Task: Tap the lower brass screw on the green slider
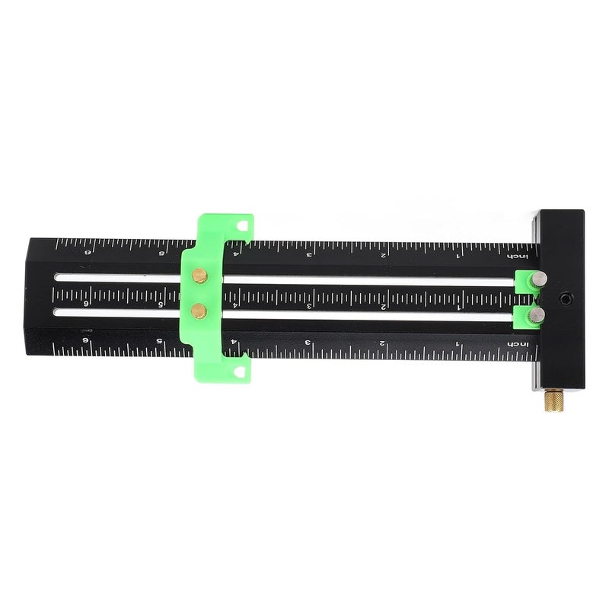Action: (x=199, y=309)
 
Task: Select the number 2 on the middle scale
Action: (x=382, y=305)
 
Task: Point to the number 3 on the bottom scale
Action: (x=309, y=343)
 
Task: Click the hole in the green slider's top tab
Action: (x=242, y=226)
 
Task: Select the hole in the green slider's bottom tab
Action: (x=242, y=370)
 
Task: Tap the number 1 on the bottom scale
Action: (x=457, y=344)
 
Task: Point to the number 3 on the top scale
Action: (x=309, y=255)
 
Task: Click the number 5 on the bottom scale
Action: (x=159, y=342)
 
